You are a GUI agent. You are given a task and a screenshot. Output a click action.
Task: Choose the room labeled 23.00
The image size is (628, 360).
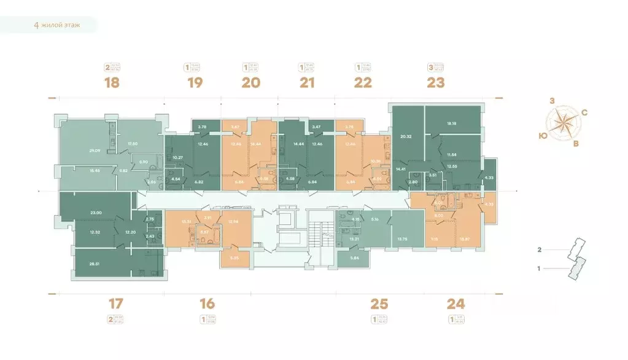95,212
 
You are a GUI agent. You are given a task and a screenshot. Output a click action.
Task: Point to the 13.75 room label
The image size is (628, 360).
403,239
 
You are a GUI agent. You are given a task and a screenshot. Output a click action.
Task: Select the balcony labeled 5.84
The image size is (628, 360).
354,259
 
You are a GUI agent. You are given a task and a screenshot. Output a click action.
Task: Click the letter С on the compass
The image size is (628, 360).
584,112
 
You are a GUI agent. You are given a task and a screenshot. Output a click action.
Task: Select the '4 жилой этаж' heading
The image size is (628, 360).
56,25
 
